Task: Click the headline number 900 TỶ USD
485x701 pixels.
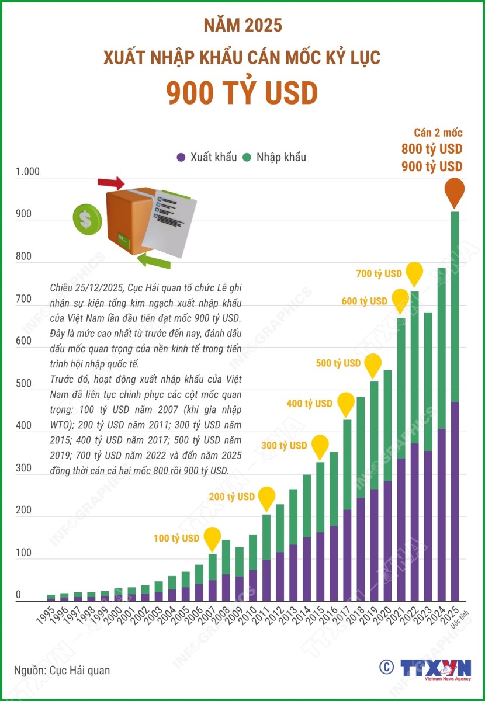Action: pos(242,93)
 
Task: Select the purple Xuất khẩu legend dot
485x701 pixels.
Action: pos(181,157)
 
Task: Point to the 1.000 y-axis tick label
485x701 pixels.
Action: pos(27,172)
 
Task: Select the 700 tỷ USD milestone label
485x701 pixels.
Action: pos(379,273)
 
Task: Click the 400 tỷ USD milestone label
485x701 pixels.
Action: pos(309,404)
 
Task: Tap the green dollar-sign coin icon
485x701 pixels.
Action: pos(86,218)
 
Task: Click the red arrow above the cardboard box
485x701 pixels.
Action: pos(111,183)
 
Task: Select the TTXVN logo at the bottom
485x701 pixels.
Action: pos(435,668)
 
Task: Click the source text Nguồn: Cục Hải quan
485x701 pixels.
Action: pos(62,670)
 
